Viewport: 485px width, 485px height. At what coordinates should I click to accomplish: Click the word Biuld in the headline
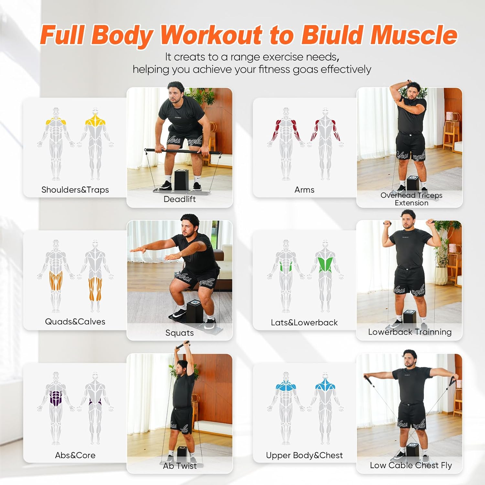point(333,35)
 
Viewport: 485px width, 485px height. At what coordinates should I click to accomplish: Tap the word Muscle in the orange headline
point(414,35)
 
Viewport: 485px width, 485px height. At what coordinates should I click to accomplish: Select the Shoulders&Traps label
point(75,190)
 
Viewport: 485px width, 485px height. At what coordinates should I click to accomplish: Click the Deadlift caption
point(179,199)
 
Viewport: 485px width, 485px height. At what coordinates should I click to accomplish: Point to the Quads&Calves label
point(75,322)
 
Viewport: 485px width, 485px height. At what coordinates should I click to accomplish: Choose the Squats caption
point(179,333)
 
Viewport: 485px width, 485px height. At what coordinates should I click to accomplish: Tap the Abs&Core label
point(75,455)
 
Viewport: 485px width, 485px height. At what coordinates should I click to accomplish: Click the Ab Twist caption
point(179,466)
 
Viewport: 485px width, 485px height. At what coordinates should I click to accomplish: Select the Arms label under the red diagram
point(304,190)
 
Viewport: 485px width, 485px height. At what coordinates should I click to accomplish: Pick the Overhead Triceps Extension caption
point(411,199)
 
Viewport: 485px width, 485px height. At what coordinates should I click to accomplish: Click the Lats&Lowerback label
point(304,322)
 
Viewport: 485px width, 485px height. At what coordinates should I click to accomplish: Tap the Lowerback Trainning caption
point(410,332)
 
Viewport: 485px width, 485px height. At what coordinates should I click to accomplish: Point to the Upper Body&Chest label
point(304,455)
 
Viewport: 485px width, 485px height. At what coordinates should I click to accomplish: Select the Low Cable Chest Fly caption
point(411,465)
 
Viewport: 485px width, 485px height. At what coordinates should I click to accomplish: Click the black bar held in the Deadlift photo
point(183,151)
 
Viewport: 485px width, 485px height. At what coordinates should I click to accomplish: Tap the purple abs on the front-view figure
point(56,398)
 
